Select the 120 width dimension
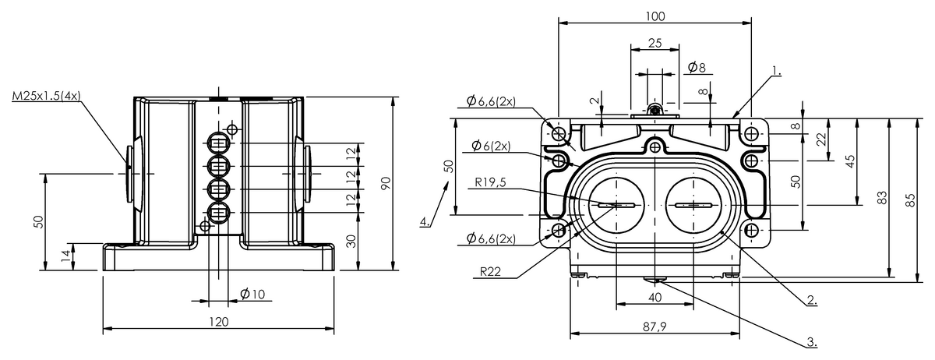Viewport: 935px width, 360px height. point(218,321)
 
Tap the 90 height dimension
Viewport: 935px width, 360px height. point(385,184)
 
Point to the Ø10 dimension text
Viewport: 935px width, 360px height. point(252,294)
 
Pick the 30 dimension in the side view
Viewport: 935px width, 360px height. point(352,242)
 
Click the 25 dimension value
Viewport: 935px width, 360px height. point(654,44)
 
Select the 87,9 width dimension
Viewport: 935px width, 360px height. point(654,326)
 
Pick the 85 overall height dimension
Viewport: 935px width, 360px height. point(911,199)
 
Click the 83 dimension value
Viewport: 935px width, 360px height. point(882,199)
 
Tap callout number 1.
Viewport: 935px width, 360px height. point(776,71)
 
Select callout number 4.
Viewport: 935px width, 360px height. point(425,222)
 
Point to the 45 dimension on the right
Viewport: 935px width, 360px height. point(850,161)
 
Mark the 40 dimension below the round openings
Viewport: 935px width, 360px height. point(654,297)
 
